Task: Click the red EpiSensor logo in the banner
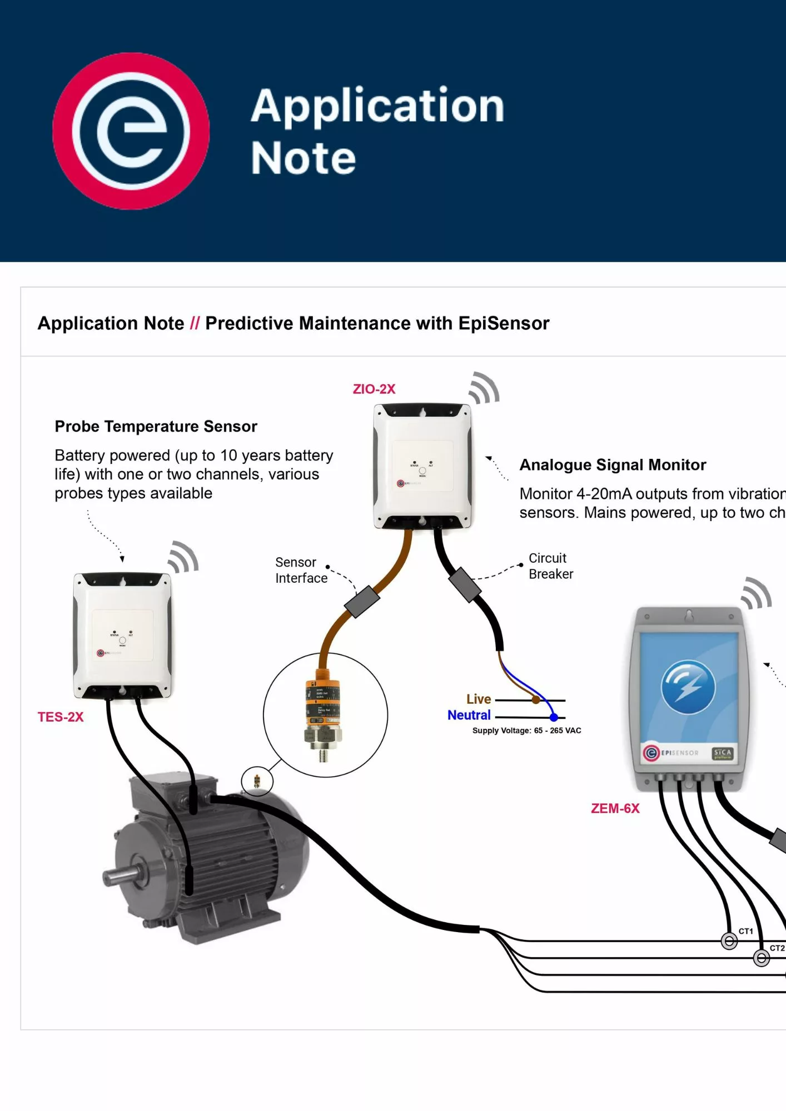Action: pyautogui.click(x=131, y=131)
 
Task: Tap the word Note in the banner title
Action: pyautogui.click(x=303, y=158)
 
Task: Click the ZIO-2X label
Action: pyautogui.click(x=374, y=389)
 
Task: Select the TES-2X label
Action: pyautogui.click(x=61, y=717)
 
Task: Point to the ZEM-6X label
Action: pyautogui.click(x=615, y=808)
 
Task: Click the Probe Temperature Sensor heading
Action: pyautogui.click(x=156, y=427)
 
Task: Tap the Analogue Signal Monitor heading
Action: pyautogui.click(x=613, y=465)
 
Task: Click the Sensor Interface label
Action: pyautogui.click(x=301, y=570)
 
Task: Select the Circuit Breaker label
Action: pyautogui.click(x=550, y=566)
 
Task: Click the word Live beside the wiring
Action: pyautogui.click(x=479, y=699)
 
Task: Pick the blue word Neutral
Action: pyautogui.click(x=469, y=715)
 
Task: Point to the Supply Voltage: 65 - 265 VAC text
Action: pyautogui.click(x=526, y=730)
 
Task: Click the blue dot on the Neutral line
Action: pyautogui.click(x=554, y=717)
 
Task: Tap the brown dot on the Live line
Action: pyautogui.click(x=536, y=700)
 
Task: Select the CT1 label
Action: pyautogui.click(x=746, y=931)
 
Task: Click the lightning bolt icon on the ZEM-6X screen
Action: pyautogui.click(x=688, y=687)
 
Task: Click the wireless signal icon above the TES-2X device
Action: pyautogui.click(x=183, y=557)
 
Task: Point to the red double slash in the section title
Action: pyautogui.click(x=195, y=323)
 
